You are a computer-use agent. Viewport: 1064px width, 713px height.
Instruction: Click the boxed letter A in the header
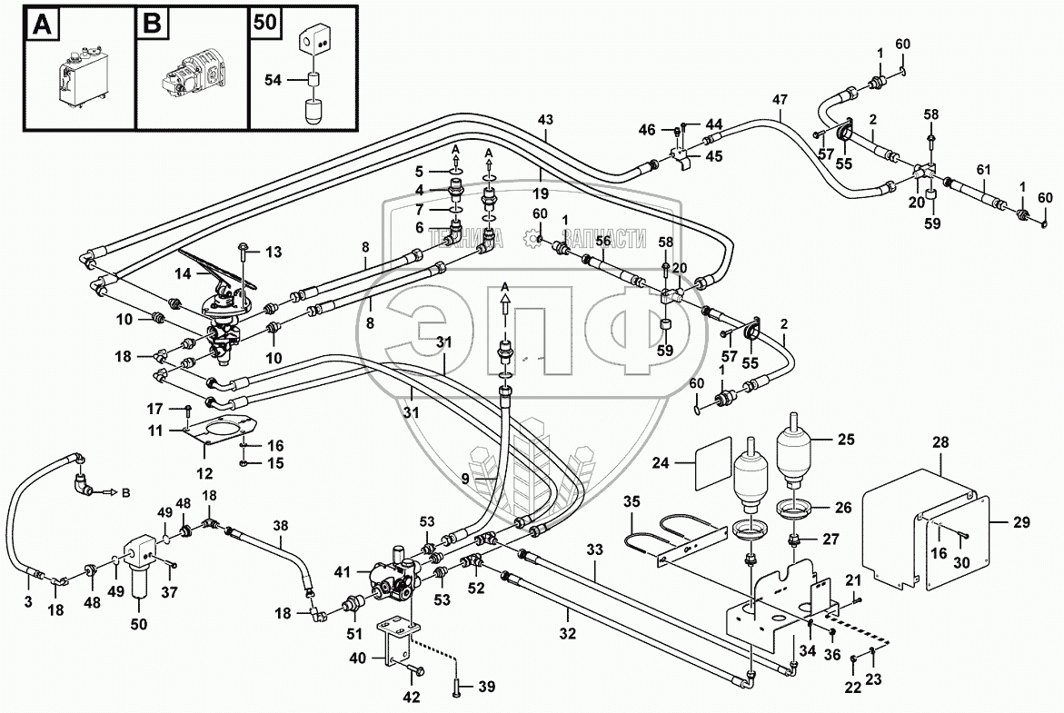40,25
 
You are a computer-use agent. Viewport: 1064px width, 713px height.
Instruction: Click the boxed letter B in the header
150,25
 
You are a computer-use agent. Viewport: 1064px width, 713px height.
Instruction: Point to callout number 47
780,100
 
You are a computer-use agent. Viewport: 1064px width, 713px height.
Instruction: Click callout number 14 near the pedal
182,272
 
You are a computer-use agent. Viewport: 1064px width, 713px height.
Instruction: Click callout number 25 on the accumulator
845,441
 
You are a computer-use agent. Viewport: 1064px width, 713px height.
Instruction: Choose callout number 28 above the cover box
940,442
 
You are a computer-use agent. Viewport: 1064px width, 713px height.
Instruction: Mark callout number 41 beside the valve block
342,571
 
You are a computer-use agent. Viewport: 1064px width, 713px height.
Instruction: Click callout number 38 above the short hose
281,524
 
